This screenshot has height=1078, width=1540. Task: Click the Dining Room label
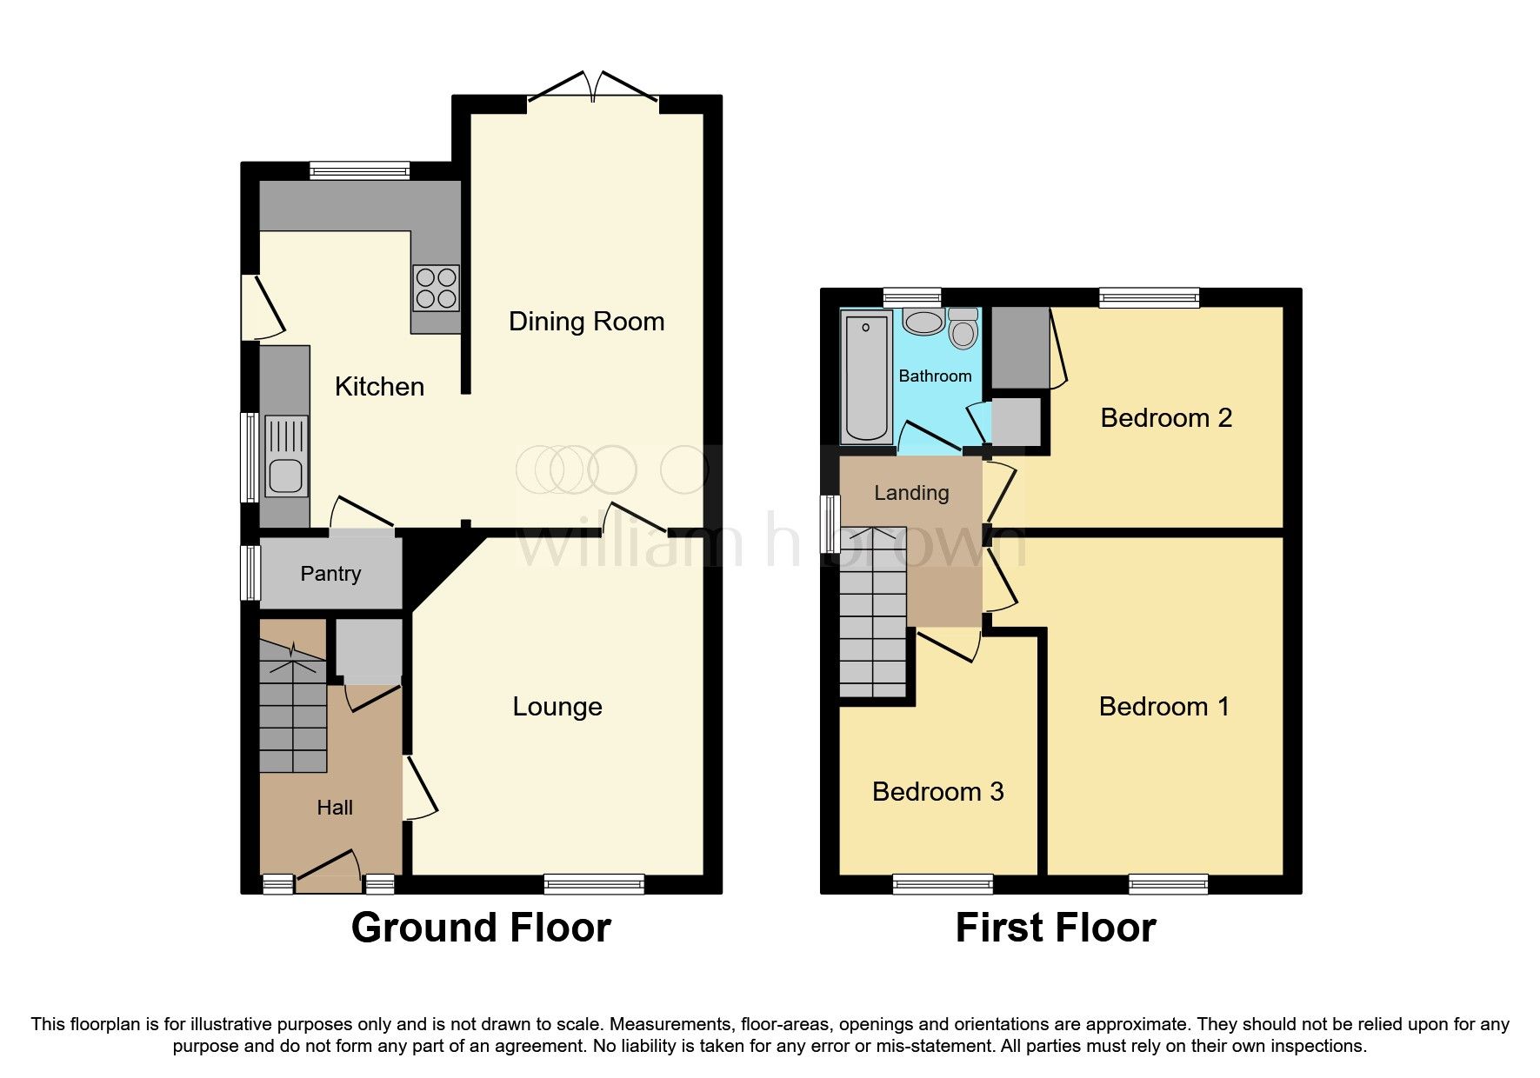point(586,322)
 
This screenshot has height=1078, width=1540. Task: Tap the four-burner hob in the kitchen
point(436,288)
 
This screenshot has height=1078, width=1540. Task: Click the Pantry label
point(330,574)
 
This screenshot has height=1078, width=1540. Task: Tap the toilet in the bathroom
point(963,328)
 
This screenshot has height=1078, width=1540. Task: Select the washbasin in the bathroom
point(923,322)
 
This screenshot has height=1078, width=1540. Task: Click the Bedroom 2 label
point(1165,418)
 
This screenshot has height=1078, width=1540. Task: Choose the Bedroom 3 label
point(937,792)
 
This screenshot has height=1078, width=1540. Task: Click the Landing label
point(910,493)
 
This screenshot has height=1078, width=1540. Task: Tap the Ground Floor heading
point(481,928)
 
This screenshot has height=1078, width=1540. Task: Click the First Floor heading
point(1055,928)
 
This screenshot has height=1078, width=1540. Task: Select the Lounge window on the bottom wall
point(594,884)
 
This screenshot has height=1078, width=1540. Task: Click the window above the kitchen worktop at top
point(359,171)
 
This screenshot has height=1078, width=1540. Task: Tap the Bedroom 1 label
point(1163,707)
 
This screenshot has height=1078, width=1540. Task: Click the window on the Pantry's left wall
point(250,572)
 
